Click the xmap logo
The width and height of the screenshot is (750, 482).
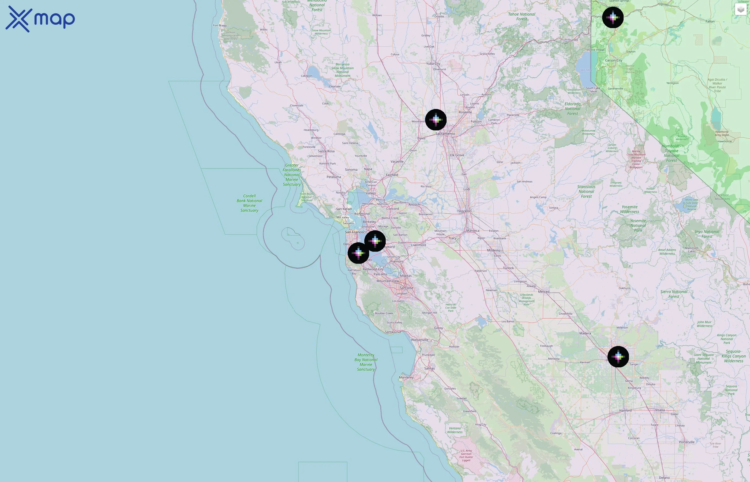point(40,19)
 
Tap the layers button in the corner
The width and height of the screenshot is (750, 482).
point(740,9)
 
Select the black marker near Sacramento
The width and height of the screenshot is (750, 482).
point(436,119)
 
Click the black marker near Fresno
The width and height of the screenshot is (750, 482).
point(618,356)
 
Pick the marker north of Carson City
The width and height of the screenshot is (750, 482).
point(613,17)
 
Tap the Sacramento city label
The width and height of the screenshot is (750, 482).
point(445,134)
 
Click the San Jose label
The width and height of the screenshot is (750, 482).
point(406,288)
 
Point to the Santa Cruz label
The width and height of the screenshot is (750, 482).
point(393,332)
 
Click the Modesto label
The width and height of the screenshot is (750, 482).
point(494,250)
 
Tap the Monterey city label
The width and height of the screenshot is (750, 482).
point(406,378)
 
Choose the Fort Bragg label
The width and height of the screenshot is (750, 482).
point(220,25)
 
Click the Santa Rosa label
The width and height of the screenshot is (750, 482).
point(326,151)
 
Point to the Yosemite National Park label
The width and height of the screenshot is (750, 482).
point(638,225)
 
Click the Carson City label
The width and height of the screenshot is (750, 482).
point(613,61)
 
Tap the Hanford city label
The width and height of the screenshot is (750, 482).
point(625,410)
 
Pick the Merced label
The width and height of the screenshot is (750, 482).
point(543,292)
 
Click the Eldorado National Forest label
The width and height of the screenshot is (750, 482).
point(572,109)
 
